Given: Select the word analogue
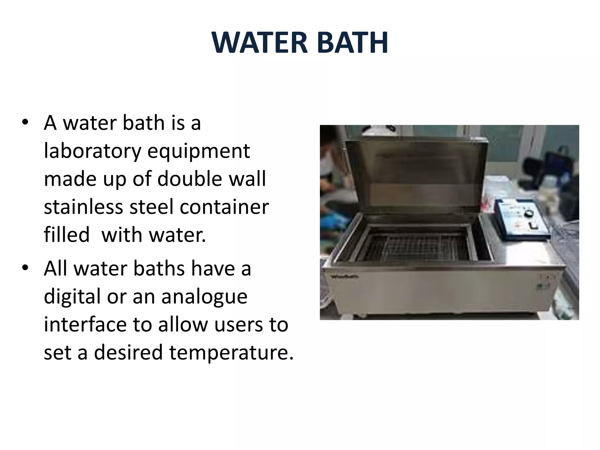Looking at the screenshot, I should [204, 296].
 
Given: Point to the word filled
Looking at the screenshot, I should [67, 235].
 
